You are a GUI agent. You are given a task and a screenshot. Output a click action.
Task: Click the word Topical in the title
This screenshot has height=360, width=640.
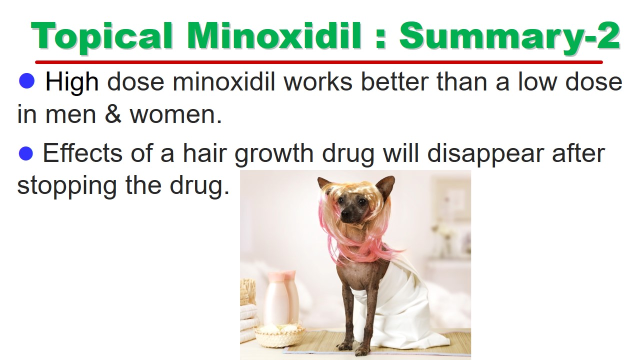pyautogui.click(x=101, y=37)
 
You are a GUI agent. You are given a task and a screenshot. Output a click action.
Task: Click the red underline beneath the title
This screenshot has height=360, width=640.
pyautogui.click(x=319, y=62)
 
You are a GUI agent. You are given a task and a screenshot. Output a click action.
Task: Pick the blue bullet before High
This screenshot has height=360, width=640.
pyautogui.click(x=26, y=80)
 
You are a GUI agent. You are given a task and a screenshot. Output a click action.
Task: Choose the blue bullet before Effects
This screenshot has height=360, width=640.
pyautogui.click(x=25, y=153)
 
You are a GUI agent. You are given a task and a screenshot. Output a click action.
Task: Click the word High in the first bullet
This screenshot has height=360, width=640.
pyautogui.click(x=72, y=83)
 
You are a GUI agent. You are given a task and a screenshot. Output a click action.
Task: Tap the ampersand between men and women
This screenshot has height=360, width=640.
pyautogui.click(x=113, y=114)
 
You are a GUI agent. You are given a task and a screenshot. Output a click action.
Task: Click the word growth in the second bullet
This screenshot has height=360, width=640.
pyautogui.click(x=274, y=154)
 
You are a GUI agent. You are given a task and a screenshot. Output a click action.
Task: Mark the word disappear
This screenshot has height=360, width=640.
pyautogui.click(x=485, y=154)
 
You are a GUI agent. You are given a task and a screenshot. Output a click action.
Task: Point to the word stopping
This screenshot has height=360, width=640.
pyautogui.click(x=67, y=186)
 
